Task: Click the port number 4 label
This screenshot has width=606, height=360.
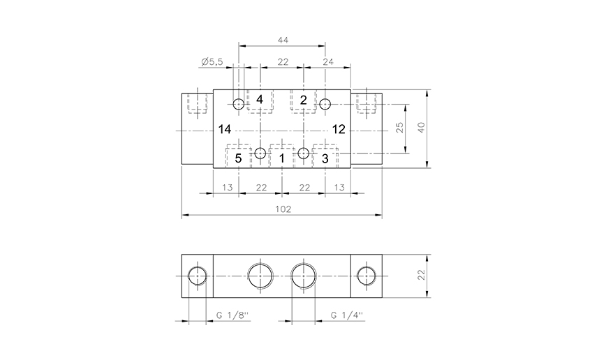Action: coord(260,100)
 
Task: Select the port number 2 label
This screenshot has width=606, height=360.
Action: coord(303,100)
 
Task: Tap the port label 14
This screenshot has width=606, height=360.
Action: coord(224,129)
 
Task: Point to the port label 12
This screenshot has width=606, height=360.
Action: coord(339,129)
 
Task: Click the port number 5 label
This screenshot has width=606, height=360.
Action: coord(238,158)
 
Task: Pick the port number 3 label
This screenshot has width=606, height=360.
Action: coord(325,158)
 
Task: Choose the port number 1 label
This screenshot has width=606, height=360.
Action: coord(281,158)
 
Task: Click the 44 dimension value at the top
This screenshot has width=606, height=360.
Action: coord(282,41)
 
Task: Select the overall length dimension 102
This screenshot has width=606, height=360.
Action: coord(282,209)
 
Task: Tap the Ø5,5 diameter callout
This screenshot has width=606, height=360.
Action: coord(211,62)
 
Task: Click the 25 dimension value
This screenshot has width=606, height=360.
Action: coord(400,128)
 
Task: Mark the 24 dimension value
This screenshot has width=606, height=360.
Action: coord(328,62)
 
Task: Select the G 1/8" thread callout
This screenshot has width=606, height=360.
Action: coord(232,315)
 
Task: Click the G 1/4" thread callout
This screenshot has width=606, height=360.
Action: coord(346,315)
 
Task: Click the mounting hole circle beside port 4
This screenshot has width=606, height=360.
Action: coord(239,105)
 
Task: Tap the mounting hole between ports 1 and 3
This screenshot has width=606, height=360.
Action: coord(303,153)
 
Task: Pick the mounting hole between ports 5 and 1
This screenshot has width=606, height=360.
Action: coord(260,153)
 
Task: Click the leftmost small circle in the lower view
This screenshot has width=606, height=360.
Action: coord(197,276)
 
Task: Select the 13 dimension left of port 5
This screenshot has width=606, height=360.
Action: coord(227,188)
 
